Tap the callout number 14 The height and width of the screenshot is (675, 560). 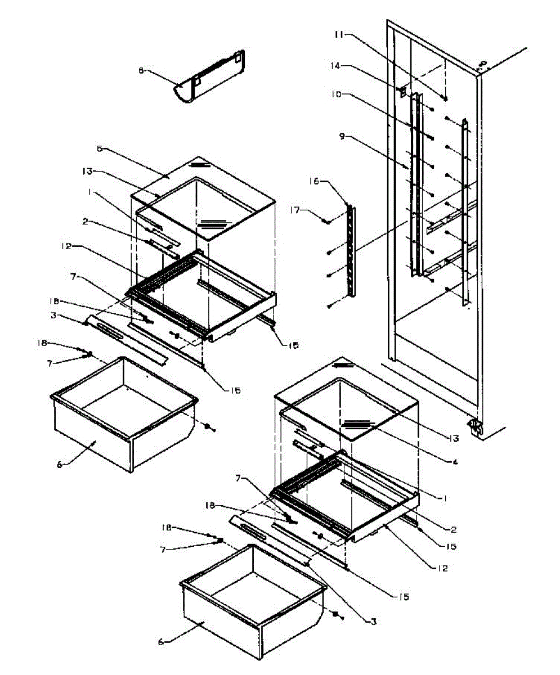351,66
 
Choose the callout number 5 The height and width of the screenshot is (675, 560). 100,149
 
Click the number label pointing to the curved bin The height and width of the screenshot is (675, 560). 141,71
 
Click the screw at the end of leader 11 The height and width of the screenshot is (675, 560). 445,98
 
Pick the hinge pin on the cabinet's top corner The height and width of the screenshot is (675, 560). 482,64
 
